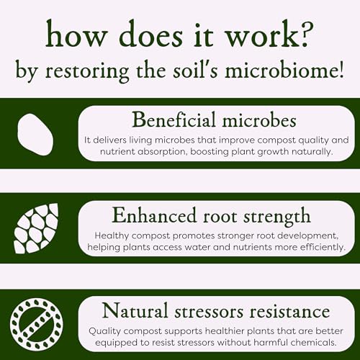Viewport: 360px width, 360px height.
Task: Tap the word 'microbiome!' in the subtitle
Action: click(x=284, y=71)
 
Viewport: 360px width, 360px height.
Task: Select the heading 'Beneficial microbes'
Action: click(x=214, y=120)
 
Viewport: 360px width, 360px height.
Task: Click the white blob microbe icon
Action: click(x=35, y=135)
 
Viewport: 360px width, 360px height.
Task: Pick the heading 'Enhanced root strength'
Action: click(x=211, y=217)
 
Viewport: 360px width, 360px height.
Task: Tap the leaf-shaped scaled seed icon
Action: click(x=36, y=228)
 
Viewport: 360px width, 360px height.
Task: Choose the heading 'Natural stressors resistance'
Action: click(x=216, y=310)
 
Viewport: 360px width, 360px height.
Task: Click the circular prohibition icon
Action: click(x=37, y=324)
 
